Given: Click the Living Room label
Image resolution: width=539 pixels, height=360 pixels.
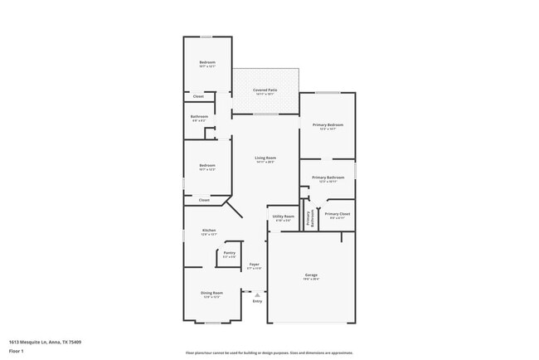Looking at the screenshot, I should [x=265, y=158].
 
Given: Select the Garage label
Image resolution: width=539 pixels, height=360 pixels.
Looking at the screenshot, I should [x=311, y=275].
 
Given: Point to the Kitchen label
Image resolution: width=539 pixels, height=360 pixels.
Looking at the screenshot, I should [x=209, y=230].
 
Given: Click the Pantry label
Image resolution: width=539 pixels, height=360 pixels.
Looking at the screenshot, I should [x=230, y=252].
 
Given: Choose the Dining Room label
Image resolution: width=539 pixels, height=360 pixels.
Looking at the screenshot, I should [x=211, y=293].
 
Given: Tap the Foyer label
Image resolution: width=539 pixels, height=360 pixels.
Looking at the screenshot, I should [x=255, y=265].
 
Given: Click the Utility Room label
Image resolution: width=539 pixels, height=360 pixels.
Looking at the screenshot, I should [x=283, y=216].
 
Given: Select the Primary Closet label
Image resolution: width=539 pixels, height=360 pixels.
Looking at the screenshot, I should [x=337, y=214].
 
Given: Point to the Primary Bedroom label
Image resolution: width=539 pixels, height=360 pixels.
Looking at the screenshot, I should [x=328, y=125].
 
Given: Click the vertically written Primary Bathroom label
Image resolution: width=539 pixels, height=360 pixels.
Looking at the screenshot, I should [x=309, y=218].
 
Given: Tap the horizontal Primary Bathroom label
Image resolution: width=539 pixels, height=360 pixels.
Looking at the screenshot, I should [x=328, y=178].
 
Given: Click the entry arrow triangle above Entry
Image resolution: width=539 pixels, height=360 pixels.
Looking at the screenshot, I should [x=257, y=293].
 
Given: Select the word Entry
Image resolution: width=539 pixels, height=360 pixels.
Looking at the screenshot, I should [x=257, y=300].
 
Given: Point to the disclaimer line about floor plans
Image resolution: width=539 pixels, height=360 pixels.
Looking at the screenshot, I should [x=269, y=352].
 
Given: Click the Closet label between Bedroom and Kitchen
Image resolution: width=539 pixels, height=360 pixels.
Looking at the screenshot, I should [x=204, y=200].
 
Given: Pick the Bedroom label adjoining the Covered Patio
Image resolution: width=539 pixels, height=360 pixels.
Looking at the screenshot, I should [x=207, y=63].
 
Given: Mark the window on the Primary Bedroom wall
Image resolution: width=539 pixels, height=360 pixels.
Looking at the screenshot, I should [x=328, y=92].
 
